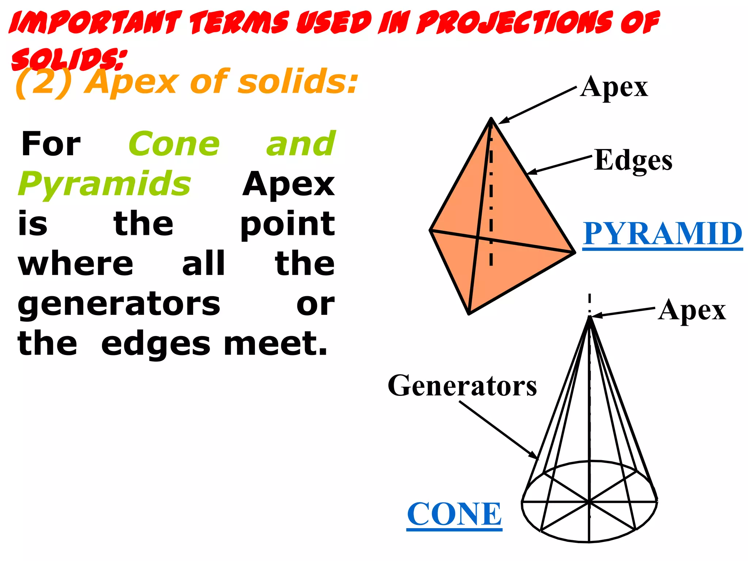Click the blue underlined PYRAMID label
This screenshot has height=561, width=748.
662,234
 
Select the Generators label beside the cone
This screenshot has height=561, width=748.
462,386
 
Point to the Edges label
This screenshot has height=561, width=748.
633,161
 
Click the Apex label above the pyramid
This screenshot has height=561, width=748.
614,88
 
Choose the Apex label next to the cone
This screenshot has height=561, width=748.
692,310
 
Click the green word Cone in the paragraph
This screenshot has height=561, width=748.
174,144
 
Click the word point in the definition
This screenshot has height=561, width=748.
287,224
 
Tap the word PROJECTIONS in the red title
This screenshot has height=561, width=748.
515,23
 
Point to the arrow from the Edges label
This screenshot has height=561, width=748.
559,165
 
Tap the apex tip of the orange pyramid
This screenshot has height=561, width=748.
491,118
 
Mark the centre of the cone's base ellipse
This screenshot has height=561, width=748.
589,502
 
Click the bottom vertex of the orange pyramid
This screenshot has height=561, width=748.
469,313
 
